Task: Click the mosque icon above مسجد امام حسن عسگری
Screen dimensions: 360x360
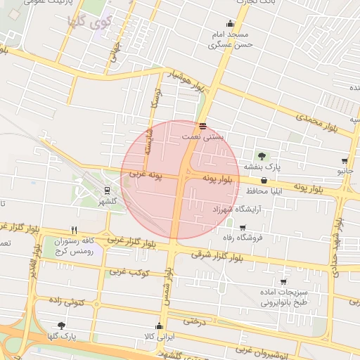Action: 230,23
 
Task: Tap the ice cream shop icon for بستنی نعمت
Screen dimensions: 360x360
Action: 202,127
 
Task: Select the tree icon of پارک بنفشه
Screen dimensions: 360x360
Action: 262,156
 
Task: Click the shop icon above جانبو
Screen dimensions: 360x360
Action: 345,161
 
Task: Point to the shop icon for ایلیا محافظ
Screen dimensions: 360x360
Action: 264,181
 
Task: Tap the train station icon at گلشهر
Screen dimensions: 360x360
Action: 107,190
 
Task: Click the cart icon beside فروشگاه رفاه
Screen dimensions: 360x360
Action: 243,227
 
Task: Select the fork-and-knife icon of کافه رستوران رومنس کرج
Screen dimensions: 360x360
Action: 74,230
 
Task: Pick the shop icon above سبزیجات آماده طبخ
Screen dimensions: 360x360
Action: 283,281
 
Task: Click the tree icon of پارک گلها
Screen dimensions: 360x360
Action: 61,325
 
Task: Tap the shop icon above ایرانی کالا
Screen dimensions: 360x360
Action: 160,326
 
